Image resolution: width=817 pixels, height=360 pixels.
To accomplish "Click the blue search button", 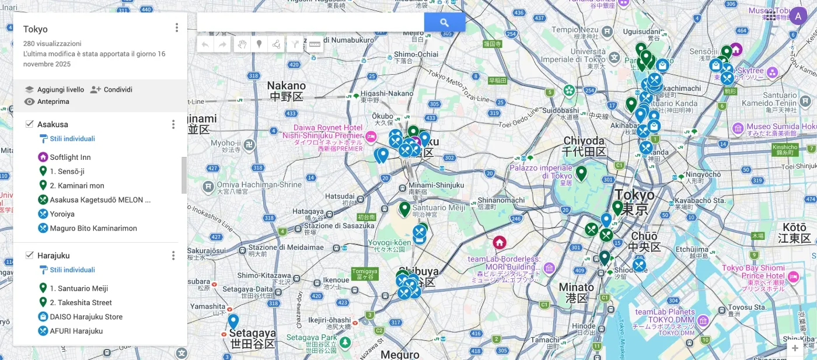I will point(444,22).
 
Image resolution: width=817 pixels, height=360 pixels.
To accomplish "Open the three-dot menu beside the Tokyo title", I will point(177,28).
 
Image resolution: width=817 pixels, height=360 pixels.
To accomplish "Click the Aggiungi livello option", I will point(54,89).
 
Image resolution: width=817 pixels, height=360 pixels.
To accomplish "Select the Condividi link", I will point(111,89).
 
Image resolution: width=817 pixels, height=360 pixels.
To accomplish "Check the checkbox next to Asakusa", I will point(29,124).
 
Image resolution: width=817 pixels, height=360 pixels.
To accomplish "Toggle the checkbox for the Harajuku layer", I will point(29,255).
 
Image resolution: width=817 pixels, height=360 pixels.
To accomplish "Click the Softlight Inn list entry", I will point(70,157).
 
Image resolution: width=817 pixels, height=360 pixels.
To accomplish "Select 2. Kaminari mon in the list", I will point(76,186).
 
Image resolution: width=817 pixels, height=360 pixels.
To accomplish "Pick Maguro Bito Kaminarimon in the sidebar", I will point(93,228).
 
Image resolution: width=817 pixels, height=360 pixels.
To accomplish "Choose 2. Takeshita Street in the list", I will point(81,302).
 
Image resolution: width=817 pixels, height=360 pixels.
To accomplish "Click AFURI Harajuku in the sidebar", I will point(76,331).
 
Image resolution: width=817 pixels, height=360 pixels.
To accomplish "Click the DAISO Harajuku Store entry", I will point(86,317).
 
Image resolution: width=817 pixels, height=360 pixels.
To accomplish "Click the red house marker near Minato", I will point(499,242).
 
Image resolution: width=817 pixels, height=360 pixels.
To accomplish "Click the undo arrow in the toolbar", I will point(205,44).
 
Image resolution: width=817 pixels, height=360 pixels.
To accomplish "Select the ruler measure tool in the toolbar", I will point(315,44).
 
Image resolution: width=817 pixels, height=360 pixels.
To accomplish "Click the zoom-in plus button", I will point(795,348).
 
